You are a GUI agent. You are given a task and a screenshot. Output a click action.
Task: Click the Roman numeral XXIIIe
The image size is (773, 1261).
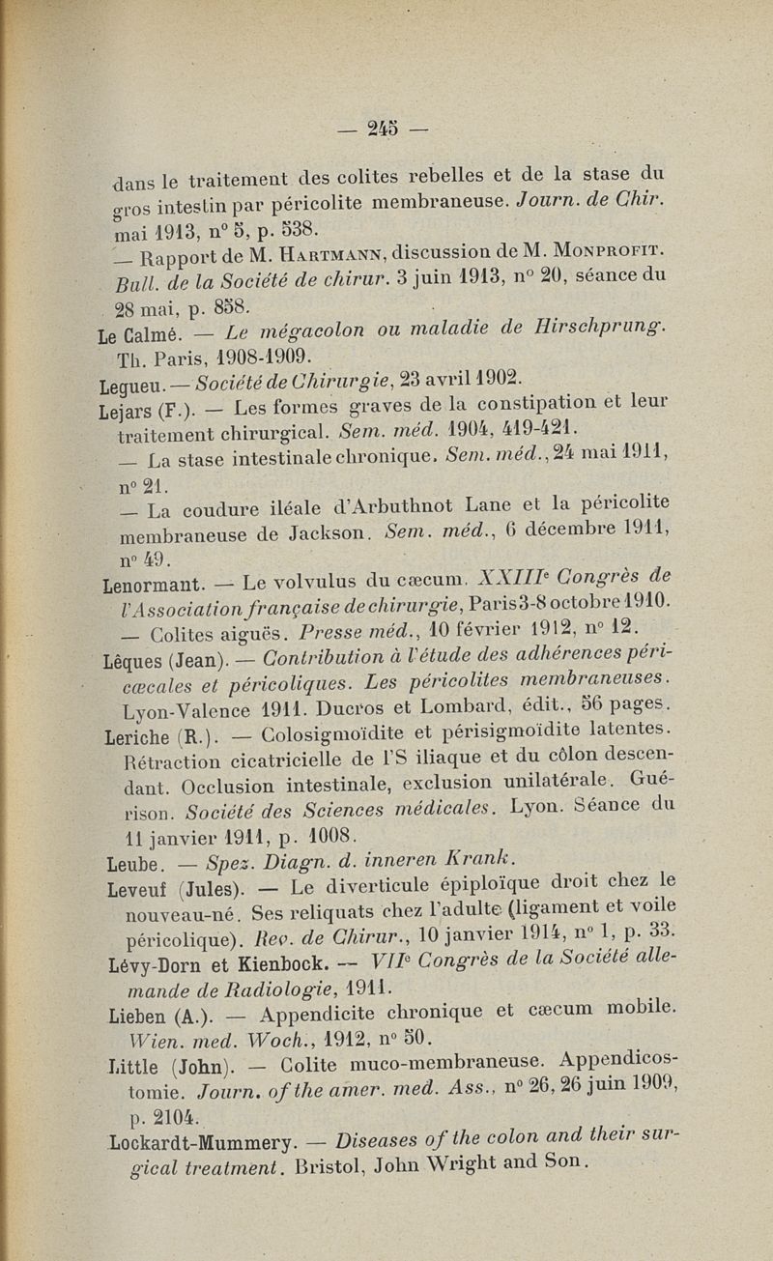pos(503,579)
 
